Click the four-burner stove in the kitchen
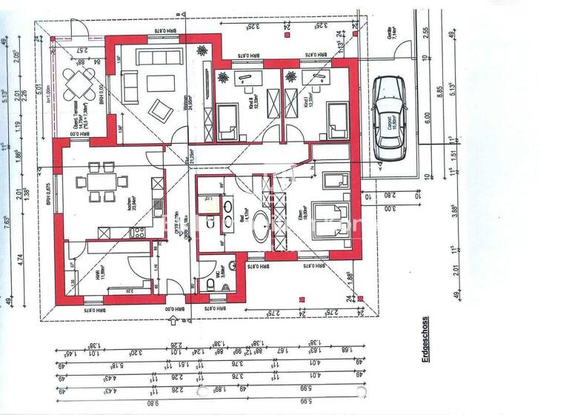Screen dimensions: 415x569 point(138,232)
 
